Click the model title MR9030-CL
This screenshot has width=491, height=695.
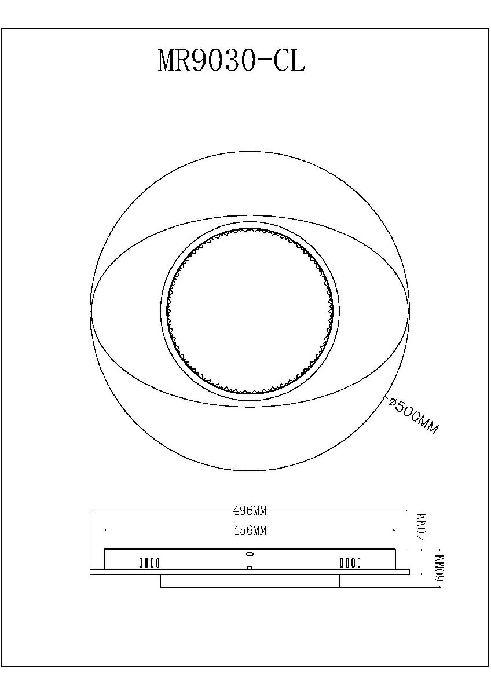[x=231, y=60]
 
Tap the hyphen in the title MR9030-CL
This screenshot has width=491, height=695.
[x=265, y=61]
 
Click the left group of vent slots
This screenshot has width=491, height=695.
[x=149, y=562]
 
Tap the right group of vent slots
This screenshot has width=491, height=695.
[x=350, y=562]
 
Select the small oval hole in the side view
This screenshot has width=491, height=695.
[x=250, y=553]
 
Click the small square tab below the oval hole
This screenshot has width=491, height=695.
[x=250, y=568]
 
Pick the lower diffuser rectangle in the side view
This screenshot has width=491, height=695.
[x=249, y=581]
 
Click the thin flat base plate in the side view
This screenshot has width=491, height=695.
[x=249, y=572]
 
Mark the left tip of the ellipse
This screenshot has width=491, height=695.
[x=91, y=310]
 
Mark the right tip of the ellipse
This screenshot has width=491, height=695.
[x=409, y=310]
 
